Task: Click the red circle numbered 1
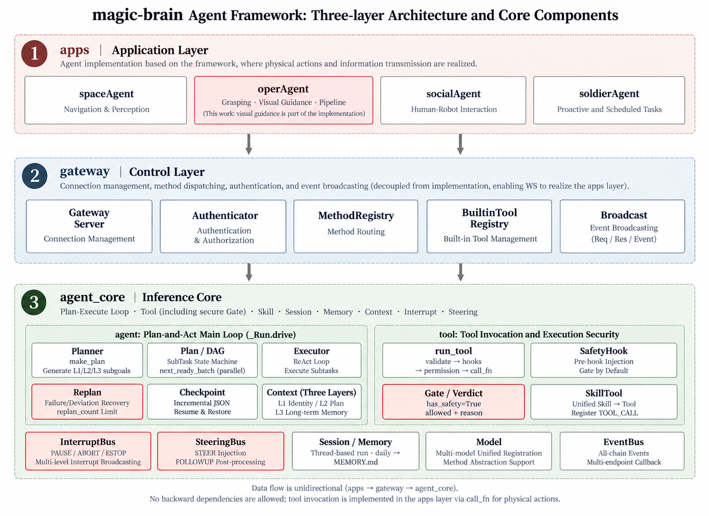point(35,54)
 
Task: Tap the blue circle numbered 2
point(35,176)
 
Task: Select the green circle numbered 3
point(34,302)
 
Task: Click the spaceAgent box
point(106,100)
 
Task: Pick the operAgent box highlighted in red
point(284,100)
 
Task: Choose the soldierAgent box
point(609,100)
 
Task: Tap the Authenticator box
point(223,226)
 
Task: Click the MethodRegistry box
point(356,226)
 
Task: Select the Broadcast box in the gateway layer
point(622,226)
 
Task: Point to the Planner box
point(87,360)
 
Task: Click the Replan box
point(87,402)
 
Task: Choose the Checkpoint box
point(202,402)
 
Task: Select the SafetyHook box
point(603,360)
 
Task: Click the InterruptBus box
point(88,451)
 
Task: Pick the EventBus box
point(622,451)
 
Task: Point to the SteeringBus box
point(220,451)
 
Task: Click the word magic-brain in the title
point(137,15)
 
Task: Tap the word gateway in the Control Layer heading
point(84,171)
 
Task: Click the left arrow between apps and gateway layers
point(249,144)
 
